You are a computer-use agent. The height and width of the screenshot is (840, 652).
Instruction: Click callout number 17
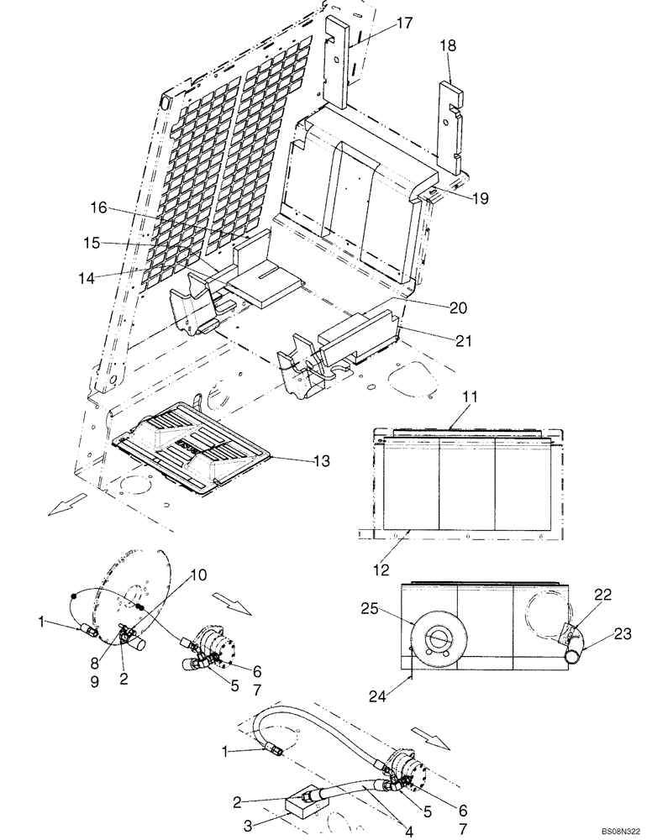tap(404, 24)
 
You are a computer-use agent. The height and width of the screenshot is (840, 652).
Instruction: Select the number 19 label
tap(478, 199)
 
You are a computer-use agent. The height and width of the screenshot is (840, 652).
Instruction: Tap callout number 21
tap(464, 341)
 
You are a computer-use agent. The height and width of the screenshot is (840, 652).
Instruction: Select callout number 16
tap(98, 207)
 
